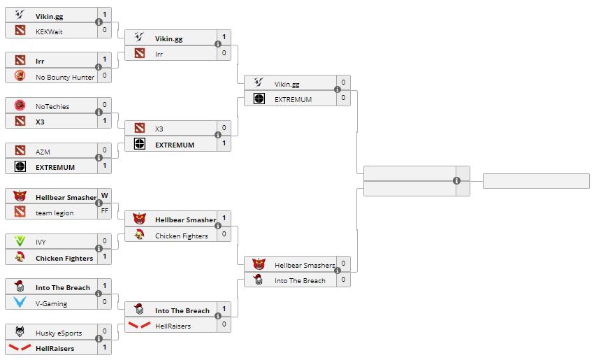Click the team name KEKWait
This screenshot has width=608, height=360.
click(x=49, y=31)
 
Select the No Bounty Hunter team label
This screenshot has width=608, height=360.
click(x=65, y=77)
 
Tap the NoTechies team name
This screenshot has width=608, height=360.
click(x=52, y=106)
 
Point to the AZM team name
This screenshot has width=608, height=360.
click(x=43, y=152)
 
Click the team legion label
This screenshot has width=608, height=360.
click(x=55, y=213)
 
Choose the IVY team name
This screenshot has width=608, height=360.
click(x=42, y=242)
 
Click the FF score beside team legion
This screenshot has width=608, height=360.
click(x=105, y=210)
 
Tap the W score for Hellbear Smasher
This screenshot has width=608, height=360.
click(x=105, y=196)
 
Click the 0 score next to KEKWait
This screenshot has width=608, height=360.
click(x=105, y=30)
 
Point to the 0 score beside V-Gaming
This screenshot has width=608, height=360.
click(x=105, y=301)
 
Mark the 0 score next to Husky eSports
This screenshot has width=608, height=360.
click(x=105, y=331)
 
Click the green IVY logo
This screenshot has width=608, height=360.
click(x=20, y=241)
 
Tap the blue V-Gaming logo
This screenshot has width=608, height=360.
click(x=20, y=303)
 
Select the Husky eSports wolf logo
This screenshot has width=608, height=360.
click(x=20, y=332)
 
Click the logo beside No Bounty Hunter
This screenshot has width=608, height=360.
click(x=20, y=76)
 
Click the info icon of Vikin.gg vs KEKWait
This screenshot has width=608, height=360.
click(x=99, y=22)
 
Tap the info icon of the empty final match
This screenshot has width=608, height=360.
click(x=456, y=180)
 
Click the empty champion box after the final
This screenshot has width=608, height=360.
click(x=536, y=181)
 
